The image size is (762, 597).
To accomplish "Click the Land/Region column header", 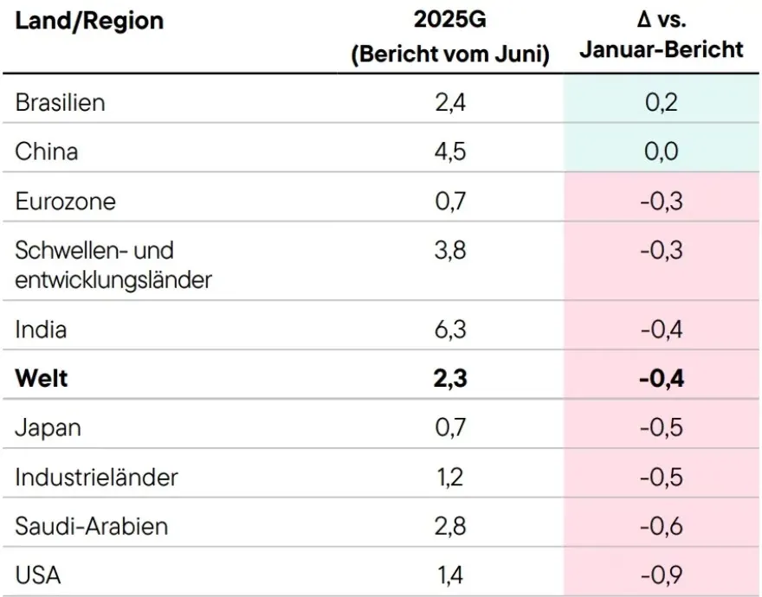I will (89, 20).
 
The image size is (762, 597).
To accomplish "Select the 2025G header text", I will (449, 20).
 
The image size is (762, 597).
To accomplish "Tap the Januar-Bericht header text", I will (661, 49).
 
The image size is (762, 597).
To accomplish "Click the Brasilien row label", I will (60, 102).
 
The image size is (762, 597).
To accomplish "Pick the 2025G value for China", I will (449, 151).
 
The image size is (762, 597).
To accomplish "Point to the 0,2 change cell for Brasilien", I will (661, 102).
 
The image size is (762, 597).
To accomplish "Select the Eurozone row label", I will (65, 202).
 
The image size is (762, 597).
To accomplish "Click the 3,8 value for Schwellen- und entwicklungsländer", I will (449, 251).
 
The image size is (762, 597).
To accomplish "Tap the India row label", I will (41, 330).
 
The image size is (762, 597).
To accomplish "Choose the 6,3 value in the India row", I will (449, 330).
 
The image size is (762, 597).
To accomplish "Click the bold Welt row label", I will (41, 379).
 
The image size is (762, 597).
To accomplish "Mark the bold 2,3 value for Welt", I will (449, 379).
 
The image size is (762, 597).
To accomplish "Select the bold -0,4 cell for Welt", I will (661, 379).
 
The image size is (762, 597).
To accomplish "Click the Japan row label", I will (48, 427).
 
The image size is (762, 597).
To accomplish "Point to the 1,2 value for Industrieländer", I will (449, 477).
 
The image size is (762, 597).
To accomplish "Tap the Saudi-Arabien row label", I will (92, 526).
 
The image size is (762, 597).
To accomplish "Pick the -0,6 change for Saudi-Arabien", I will (661, 526).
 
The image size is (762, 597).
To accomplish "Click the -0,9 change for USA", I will (661, 575).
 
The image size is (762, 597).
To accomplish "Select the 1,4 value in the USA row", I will (449, 575).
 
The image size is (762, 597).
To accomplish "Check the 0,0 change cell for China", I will (661, 151).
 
